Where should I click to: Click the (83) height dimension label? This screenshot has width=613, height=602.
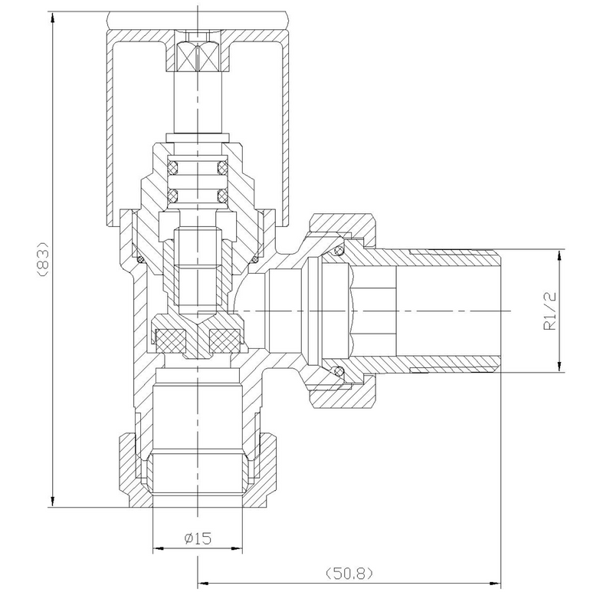pos(44,259)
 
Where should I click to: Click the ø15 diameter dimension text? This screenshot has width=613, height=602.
pos(198,538)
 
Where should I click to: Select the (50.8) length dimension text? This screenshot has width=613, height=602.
pos(349,574)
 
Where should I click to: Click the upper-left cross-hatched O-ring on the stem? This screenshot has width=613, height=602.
pos(173,168)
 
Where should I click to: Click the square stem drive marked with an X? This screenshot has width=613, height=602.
pos(198,56)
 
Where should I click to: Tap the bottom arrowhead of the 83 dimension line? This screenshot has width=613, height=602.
pos(53,500)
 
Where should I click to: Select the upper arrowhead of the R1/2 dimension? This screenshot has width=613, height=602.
pos(560,256)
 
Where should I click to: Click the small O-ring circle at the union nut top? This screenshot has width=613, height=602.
pos(339,249)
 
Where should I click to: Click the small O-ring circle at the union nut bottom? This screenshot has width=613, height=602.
pos(339,370)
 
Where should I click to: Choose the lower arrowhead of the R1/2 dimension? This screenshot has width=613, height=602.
pos(560,365)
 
